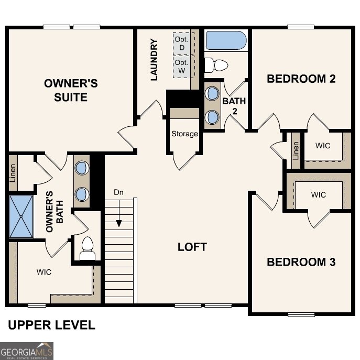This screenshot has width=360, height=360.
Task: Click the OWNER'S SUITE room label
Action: (x=71, y=90)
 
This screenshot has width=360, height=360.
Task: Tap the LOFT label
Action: (x=192, y=247)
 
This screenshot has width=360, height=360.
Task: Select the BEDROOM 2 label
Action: (x=301, y=79)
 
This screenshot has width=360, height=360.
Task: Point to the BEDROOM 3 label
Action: (x=301, y=262)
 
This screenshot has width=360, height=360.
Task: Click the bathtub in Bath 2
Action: (x=226, y=41)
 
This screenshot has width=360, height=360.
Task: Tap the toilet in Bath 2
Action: (x=216, y=66)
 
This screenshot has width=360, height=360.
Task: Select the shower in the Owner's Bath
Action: (x=21, y=215)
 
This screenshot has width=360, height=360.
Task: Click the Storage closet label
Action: (x=185, y=134)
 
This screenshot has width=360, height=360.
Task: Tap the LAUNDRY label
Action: (x=154, y=60)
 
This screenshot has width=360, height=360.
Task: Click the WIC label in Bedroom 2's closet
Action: (x=323, y=146)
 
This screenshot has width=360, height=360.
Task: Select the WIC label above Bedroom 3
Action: (x=318, y=194)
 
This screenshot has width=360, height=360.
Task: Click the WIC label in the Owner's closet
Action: (x=44, y=272)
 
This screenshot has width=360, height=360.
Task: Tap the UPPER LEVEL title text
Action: (x=51, y=325)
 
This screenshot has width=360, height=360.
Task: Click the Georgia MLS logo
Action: (x=27, y=351)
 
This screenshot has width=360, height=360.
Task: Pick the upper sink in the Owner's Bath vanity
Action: (x=82, y=168)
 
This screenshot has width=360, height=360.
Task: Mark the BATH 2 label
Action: (x=231, y=105)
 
